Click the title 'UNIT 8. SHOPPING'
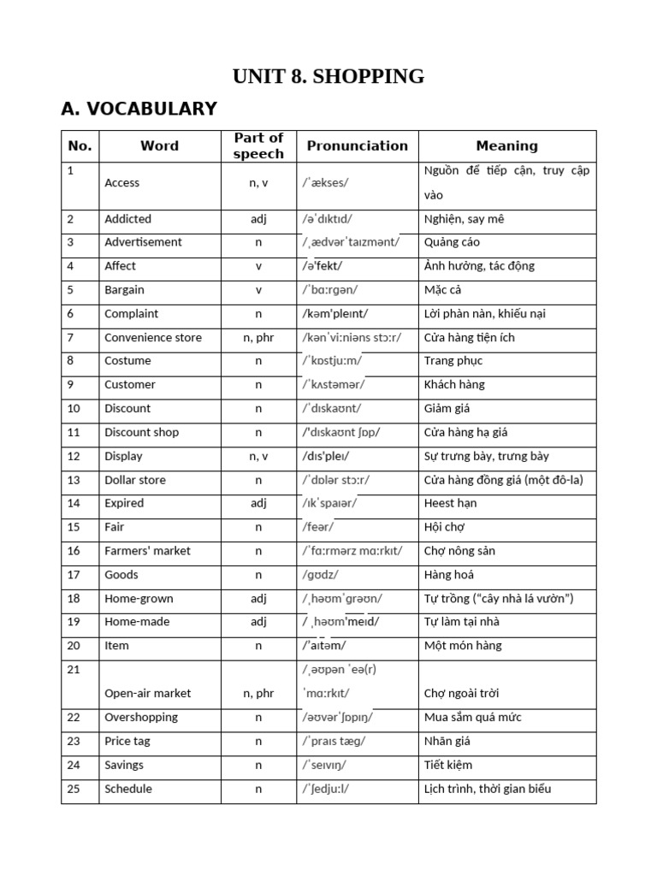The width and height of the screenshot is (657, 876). click(x=328, y=76)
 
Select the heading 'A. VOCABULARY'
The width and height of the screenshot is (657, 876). click(x=139, y=109)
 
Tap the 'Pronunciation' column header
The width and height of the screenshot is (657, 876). click(x=358, y=145)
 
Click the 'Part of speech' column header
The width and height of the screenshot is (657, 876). click(x=258, y=145)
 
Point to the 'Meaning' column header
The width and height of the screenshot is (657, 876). click(x=506, y=145)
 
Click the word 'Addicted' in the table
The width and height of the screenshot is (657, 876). click(x=128, y=219)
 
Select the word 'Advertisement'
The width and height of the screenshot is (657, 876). click(x=143, y=242)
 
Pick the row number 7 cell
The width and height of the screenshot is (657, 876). click(x=80, y=337)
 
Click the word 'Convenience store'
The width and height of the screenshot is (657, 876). click(x=153, y=337)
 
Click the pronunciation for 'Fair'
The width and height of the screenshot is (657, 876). click(x=317, y=527)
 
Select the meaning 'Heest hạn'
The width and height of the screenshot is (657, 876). click(x=452, y=503)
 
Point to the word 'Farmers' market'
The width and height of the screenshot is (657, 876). click(x=147, y=551)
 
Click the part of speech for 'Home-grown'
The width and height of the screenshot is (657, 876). click(x=258, y=598)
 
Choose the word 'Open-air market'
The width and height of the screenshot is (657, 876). click(x=147, y=693)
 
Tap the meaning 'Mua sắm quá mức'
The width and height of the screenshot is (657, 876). click(x=472, y=717)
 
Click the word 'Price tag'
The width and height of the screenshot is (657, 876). click(x=127, y=741)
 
